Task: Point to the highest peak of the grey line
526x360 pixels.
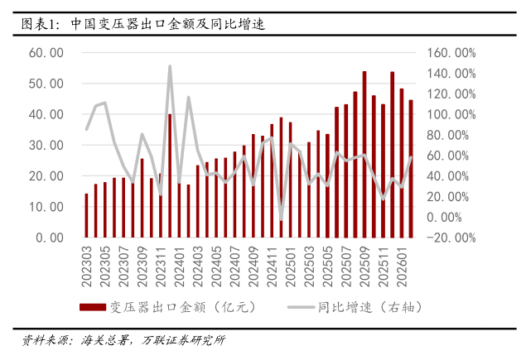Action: [170, 67]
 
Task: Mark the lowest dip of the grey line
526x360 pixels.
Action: [281, 219]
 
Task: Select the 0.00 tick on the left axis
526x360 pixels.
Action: [49, 238]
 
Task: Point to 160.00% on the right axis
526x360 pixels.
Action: [451, 53]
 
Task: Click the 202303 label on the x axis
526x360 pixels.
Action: [86, 263]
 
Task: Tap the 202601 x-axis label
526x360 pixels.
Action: [402, 263]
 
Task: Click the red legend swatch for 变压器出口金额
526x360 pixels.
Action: [93, 307]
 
